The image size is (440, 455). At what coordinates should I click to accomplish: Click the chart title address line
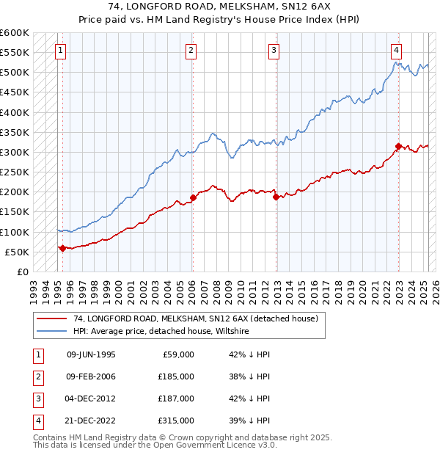220,7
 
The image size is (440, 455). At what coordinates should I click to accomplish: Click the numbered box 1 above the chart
59,51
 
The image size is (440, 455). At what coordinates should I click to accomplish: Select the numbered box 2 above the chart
191,51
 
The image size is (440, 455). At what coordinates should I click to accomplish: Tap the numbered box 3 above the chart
274,51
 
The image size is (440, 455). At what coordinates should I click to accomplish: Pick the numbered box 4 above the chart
396,51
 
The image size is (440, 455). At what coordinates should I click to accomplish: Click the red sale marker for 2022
398,146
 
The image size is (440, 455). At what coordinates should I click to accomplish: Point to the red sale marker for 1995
62,248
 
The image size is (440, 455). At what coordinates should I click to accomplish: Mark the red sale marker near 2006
193,197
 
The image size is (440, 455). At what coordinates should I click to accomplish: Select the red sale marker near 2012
276,197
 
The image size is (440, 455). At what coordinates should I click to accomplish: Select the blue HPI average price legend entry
161,332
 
